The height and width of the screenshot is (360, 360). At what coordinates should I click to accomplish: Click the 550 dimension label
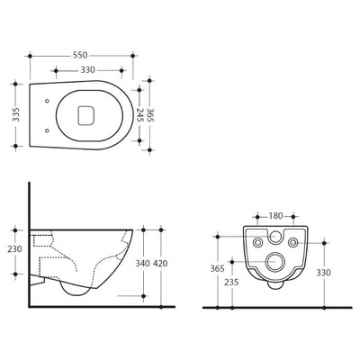(x=80, y=55)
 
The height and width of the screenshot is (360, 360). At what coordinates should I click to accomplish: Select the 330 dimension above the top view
(x=88, y=70)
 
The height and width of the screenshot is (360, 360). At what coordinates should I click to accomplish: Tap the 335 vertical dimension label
(x=16, y=114)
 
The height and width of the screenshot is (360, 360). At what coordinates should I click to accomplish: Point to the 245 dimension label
(x=139, y=114)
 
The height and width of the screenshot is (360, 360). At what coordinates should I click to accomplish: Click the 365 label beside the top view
(x=150, y=114)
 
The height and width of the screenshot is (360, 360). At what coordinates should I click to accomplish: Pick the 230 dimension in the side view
(x=15, y=249)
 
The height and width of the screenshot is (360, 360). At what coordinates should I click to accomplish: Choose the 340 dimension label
(x=143, y=264)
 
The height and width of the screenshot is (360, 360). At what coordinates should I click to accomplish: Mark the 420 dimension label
(x=160, y=264)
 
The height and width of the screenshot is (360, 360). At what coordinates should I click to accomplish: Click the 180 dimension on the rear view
(x=275, y=216)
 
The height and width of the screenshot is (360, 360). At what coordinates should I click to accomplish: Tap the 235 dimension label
(x=231, y=282)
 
